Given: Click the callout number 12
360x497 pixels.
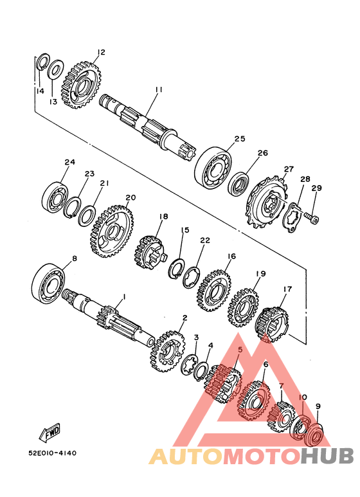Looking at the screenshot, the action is coord(101,52).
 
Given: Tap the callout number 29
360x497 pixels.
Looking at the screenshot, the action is coord(316,188).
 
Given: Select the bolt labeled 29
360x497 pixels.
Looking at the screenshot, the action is coord(312,217).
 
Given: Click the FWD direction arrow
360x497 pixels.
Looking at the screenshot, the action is coord(50,432).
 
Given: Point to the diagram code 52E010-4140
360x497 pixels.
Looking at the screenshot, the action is coord(53,453).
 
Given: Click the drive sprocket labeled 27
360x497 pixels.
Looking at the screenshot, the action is coord(266,203).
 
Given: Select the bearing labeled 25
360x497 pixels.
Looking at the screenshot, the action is coord(213,168).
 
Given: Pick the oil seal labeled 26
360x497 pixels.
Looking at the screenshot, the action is coord(240,184).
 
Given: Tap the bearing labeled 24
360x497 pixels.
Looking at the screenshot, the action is coord(54,197).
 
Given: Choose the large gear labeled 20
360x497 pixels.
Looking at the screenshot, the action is coord(112,231).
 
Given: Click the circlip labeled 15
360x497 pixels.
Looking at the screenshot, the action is coord(177,269).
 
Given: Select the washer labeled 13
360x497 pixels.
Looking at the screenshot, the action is coord(55,69).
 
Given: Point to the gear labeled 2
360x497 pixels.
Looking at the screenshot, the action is coord(168,352).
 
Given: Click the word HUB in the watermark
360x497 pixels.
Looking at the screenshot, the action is coord(327,456).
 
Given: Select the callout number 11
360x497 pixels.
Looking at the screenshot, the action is coord(159,90).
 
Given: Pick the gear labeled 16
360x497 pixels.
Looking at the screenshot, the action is coord(214,291).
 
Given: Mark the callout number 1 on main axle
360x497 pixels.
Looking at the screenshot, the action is coord(125,297).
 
